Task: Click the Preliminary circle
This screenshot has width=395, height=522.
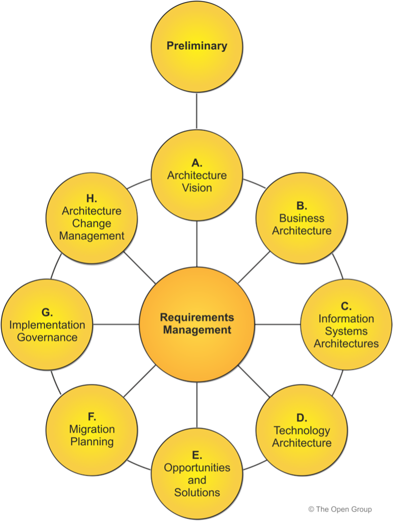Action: click(197, 46)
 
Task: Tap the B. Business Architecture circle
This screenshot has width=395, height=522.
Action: click(302, 218)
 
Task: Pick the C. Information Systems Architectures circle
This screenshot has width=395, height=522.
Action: click(346, 325)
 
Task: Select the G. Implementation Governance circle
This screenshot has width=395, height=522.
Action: click(47, 325)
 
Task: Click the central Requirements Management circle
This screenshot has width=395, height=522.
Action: click(197, 324)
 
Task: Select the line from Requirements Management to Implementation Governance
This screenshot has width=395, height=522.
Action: click(116, 324)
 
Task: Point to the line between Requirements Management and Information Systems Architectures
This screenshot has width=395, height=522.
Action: click(278, 324)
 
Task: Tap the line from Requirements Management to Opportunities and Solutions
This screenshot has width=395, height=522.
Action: click(197, 404)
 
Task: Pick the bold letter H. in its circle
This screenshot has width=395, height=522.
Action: click(91, 198)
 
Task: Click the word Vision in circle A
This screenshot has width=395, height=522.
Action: click(197, 188)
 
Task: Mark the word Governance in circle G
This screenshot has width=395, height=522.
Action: click(47, 337)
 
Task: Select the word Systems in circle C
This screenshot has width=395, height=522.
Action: click(346, 331)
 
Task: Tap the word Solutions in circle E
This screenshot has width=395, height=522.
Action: click(197, 492)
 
